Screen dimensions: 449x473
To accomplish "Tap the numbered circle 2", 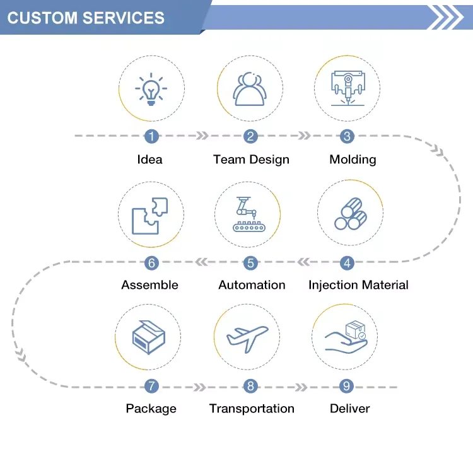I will pos(251,136).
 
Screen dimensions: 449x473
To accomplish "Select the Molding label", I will pos(353,160).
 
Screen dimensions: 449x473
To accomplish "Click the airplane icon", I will pos(247,338).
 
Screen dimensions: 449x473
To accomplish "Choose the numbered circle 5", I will pos(251,262).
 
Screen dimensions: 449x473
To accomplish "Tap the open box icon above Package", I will pos(148,338).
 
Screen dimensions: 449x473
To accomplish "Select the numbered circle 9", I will pos(346,386).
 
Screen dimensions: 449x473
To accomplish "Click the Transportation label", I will pos(252,409).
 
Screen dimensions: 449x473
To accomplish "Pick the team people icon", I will pos(250,90).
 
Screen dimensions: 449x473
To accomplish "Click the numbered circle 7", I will pos(151,386).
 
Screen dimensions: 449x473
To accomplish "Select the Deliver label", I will pos(349,409).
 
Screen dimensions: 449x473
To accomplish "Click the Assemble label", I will pos(149,285).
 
